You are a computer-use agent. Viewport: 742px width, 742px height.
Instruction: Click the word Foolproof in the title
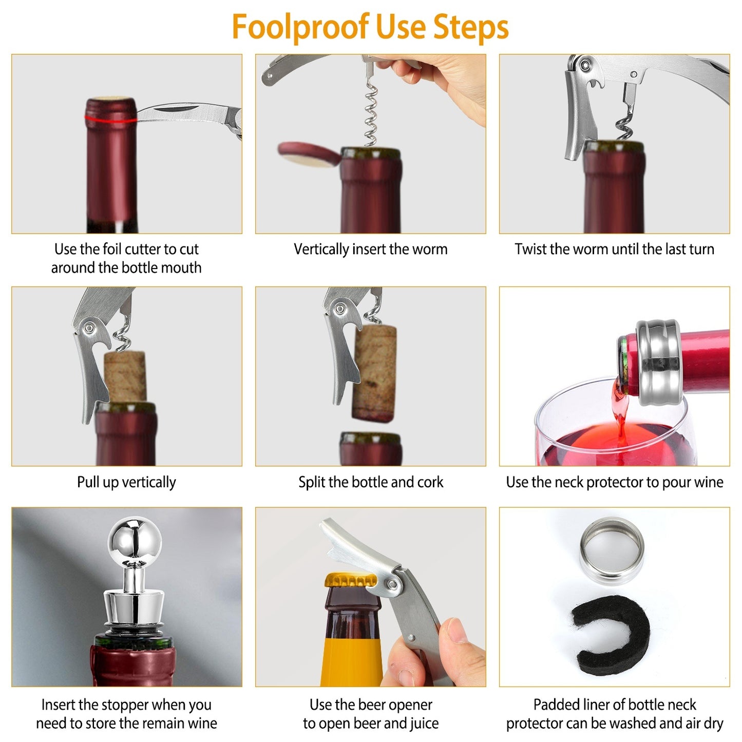pos(300,27)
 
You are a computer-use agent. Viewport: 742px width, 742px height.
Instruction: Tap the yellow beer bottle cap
pos(350,581)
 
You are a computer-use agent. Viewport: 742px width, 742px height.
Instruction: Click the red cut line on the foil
pos(110,120)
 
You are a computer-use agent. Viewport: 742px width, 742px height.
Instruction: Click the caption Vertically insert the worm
pos(370,250)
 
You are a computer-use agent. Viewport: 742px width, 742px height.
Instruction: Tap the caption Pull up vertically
pos(126,482)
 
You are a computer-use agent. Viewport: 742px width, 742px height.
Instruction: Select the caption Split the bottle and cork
pos(370,482)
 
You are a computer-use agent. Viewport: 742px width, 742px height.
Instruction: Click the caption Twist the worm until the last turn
pos(614,250)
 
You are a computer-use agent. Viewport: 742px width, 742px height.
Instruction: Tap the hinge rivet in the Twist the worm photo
pos(584,65)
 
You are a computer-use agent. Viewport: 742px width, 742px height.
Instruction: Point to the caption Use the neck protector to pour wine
pos(614,482)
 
